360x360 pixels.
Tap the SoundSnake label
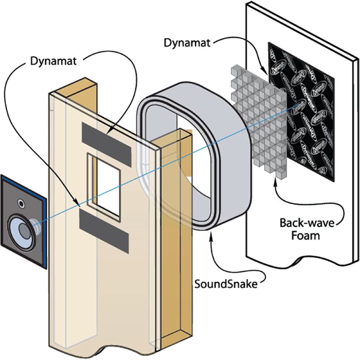(x=223, y=284)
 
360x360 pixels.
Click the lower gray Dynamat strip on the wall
(x=104, y=229)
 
